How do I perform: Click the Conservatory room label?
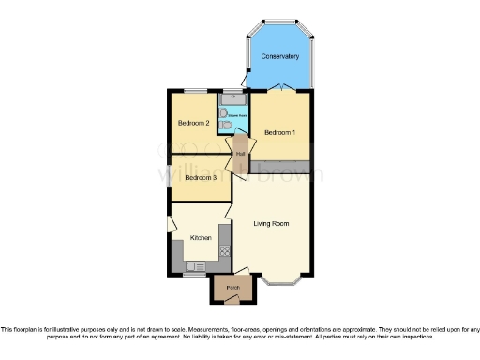pyautogui.click(x=278, y=57)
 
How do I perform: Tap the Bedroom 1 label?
pyautogui.click(x=279, y=132)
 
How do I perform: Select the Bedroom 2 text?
pyautogui.click(x=193, y=123)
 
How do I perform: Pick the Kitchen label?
pyautogui.click(x=201, y=238)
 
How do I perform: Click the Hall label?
pyautogui.click(x=241, y=154)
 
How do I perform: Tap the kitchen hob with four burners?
pyautogui.click(x=225, y=250)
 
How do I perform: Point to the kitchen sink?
pyautogui.click(x=196, y=267)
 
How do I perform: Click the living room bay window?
pyautogui.click(x=282, y=280)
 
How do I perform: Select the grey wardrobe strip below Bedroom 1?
pyautogui.click(x=279, y=167)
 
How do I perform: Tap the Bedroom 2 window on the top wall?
pyautogui.click(x=195, y=90)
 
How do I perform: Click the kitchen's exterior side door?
pyautogui.click(x=170, y=224)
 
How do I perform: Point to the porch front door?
pyautogui.click(x=232, y=299)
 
